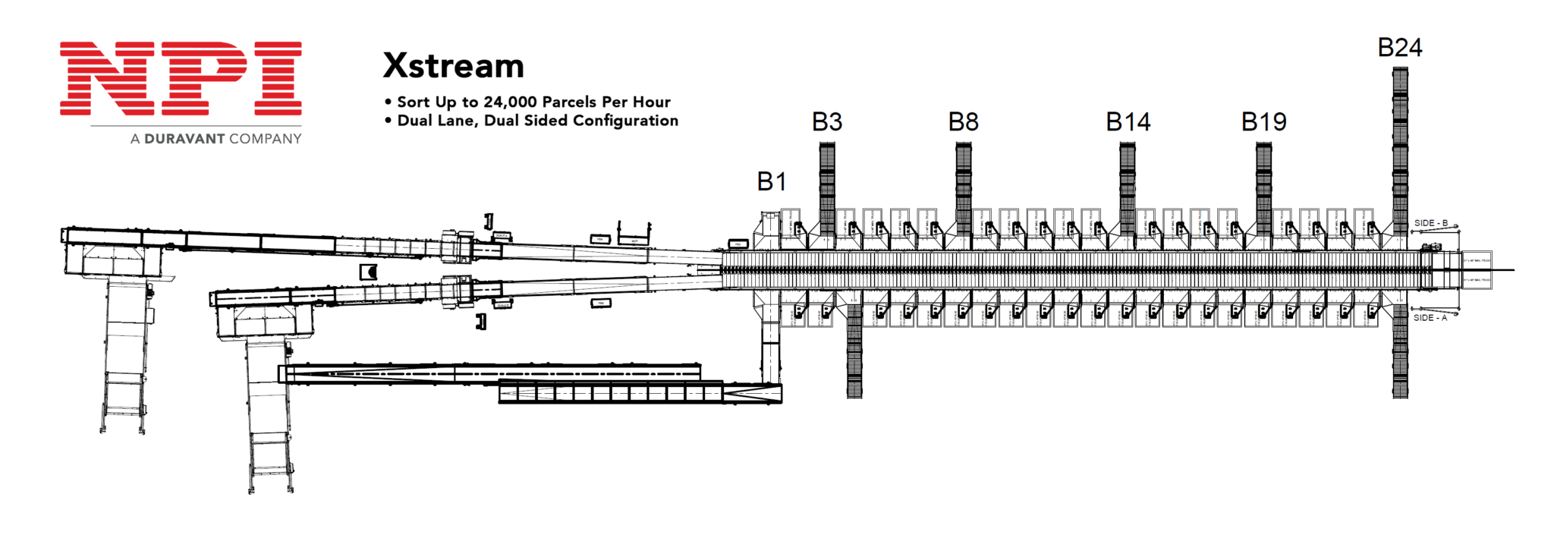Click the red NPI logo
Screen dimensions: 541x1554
click(x=181, y=78)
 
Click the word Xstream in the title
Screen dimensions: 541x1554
click(x=453, y=66)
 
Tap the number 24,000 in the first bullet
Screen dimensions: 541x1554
click(x=510, y=102)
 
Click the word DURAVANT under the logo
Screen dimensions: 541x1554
click(x=184, y=139)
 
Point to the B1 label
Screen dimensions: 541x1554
click(x=772, y=181)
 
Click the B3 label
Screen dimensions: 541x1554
click(x=827, y=121)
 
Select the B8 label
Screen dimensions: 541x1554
click(x=963, y=121)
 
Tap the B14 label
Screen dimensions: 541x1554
click(x=1128, y=121)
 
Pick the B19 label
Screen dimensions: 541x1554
click(x=1263, y=121)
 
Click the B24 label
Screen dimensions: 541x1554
click(x=1399, y=48)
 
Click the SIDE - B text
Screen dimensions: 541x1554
click(x=1430, y=223)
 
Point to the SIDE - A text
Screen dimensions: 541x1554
click(x=1430, y=318)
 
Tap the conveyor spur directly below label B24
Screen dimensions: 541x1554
click(x=1400, y=144)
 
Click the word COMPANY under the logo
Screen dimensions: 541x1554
click(x=266, y=139)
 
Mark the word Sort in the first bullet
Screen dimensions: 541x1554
click(x=414, y=102)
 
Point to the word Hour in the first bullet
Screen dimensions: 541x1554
click(x=652, y=102)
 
